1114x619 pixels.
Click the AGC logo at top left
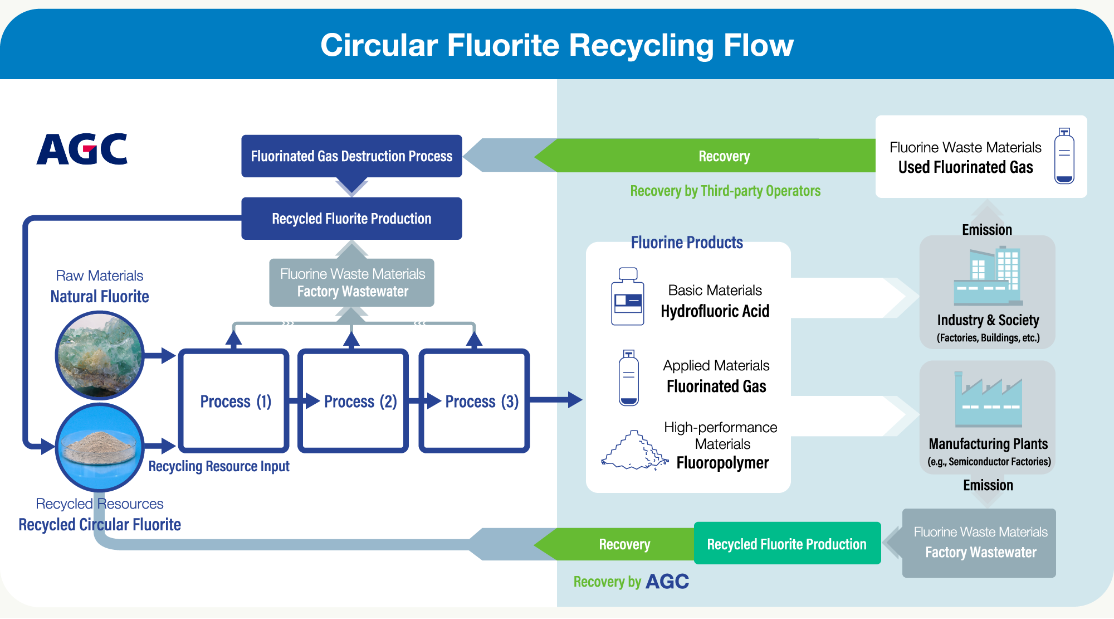(x=82, y=149)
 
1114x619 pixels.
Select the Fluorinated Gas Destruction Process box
(x=351, y=156)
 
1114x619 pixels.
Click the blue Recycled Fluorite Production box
(x=351, y=219)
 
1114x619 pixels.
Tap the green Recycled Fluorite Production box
(x=786, y=544)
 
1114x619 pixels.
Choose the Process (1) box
(x=233, y=401)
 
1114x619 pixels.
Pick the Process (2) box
(x=353, y=401)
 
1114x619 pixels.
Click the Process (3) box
(x=474, y=401)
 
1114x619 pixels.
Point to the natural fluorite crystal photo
(x=100, y=355)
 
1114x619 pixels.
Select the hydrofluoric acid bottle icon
(x=627, y=297)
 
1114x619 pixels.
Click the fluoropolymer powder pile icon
(x=634, y=451)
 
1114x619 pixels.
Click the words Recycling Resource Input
(x=219, y=466)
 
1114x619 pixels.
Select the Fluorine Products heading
(x=687, y=243)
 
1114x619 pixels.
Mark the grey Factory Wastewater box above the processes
(x=351, y=283)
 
